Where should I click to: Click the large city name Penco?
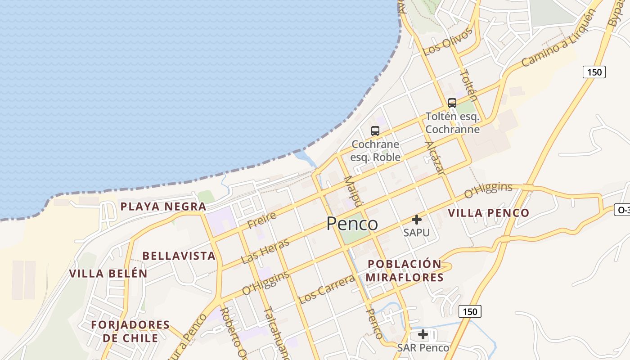coord(352,223)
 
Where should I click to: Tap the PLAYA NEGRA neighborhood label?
coord(163,207)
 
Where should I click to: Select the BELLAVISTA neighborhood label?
coord(179,256)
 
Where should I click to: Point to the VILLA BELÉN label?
coord(108,273)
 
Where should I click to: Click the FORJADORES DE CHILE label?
coord(130,331)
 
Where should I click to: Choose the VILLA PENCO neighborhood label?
coord(489,213)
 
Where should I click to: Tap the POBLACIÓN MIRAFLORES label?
coord(404,270)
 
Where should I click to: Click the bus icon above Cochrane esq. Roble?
coord(375,131)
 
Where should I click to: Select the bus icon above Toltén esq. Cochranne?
coord(452,103)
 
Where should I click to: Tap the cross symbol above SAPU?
coord(417,220)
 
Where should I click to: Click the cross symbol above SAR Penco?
coord(423,334)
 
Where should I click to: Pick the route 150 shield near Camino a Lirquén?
coord(594,72)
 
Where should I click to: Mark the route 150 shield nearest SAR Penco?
coord(470,311)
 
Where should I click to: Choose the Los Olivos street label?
coord(449,41)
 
